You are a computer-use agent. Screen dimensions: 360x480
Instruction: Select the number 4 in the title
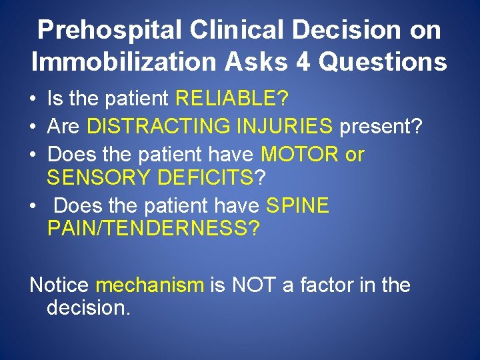(301, 62)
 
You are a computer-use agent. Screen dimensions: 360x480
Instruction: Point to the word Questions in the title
(383, 62)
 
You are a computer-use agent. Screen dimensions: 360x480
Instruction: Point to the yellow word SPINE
(297, 206)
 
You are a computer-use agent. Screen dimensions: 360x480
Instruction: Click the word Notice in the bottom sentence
(59, 285)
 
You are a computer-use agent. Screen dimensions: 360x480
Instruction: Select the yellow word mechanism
(150, 285)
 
